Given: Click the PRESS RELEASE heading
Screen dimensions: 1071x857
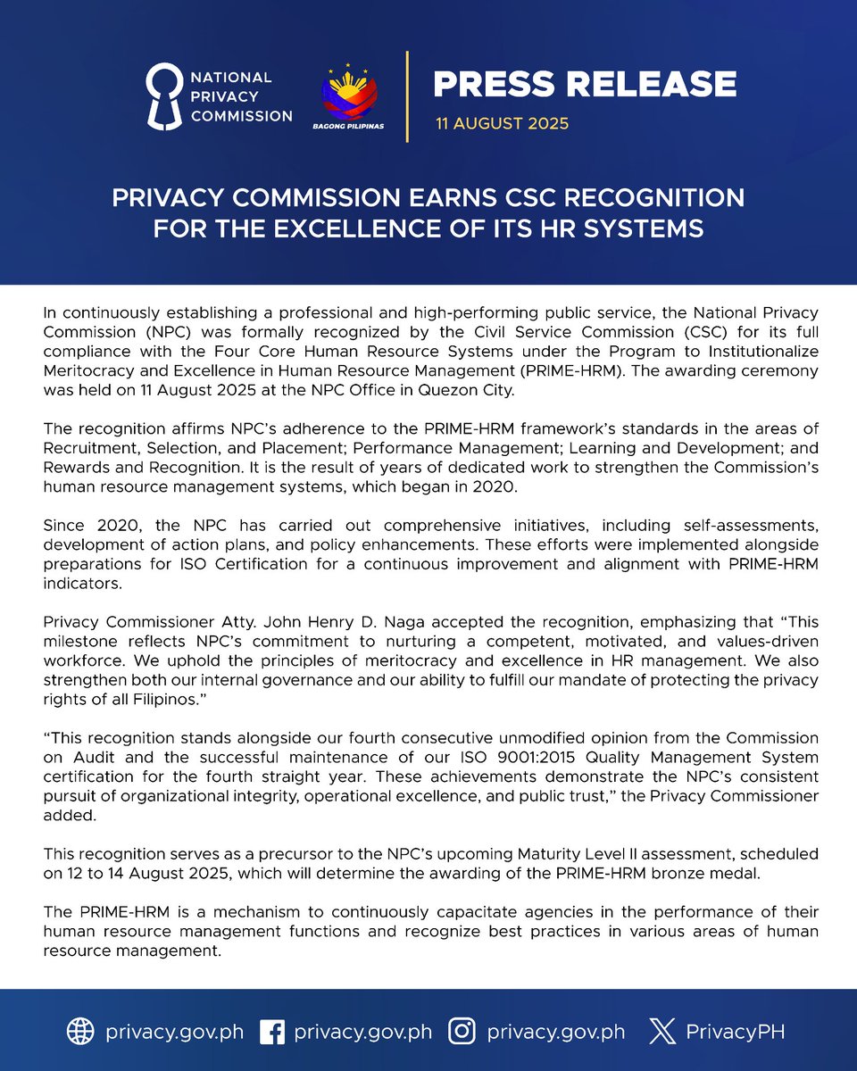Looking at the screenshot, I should tap(585, 84).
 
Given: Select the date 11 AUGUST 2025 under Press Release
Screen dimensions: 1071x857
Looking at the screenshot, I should tap(502, 124).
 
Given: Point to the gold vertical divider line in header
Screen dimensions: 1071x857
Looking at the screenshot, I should tap(408, 96).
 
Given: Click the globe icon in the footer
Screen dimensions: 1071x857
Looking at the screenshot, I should tap(80, 1032).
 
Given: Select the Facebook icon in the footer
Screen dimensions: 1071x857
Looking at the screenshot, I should tap(271, 1032).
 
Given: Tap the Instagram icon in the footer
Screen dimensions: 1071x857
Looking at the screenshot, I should tap(461, 1032).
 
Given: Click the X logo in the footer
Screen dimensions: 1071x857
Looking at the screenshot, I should tap(661, 1032).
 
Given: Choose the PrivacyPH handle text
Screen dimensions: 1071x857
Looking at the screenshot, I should tap(735, 1033).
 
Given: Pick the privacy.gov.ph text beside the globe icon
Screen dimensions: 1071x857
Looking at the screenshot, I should tap(174, 1033).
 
